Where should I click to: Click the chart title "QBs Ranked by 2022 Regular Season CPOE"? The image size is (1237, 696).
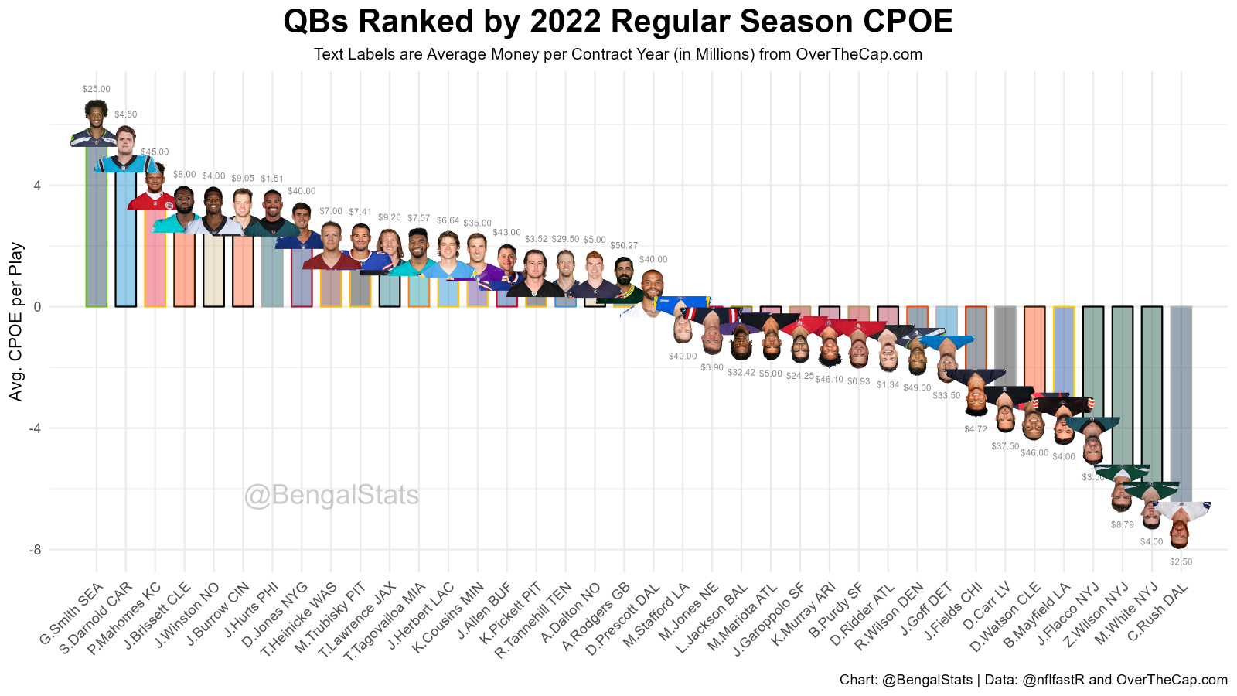[618, 22]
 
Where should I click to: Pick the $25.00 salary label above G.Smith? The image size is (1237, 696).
[96, 90]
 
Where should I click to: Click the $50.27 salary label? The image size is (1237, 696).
[624, 246]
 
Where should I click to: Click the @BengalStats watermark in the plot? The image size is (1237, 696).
[332, 496]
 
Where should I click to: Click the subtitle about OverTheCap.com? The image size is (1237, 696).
[618, 55]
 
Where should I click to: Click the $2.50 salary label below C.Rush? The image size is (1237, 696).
[1181, 562]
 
